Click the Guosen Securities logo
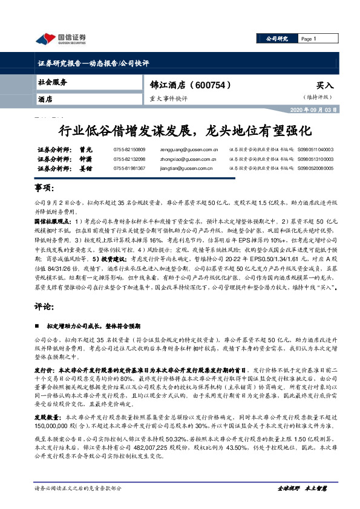pos(61,39)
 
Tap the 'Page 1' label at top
pos(310,39)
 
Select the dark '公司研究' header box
pos(279,39)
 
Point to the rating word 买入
pos(324,86)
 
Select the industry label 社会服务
pos(53,82)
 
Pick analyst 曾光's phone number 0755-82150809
pos(129,149)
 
